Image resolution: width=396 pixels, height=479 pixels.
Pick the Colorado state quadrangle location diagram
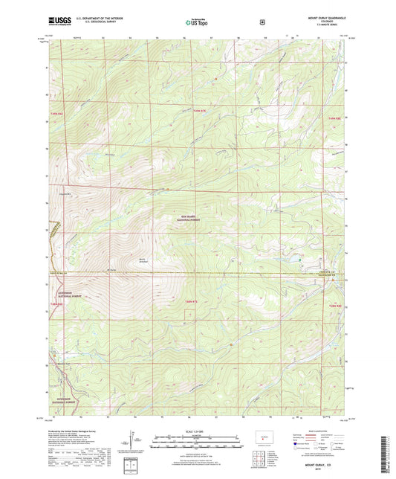point(264,437)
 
